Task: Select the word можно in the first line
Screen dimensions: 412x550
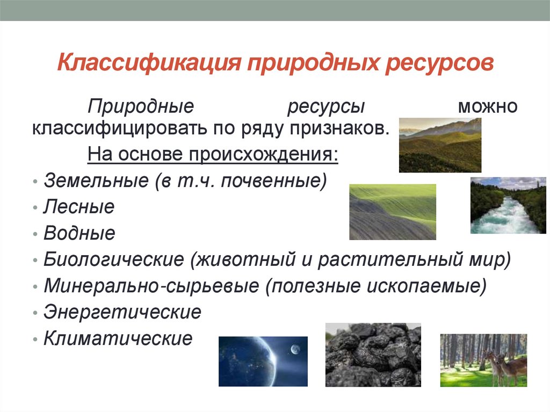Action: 487,106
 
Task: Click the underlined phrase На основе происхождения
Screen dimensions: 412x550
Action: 213,155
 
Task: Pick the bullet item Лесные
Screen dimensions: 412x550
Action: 79,207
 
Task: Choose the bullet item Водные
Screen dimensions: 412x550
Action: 79,233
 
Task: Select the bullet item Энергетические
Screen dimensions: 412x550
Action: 122,312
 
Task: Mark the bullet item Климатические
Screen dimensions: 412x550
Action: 118,338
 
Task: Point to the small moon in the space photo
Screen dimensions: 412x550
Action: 294,350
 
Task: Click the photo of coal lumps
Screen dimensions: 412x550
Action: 373,355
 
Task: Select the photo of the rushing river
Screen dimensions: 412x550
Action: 508,206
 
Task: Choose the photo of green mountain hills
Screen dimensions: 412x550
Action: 440,145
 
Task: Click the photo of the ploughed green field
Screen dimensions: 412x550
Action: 393,212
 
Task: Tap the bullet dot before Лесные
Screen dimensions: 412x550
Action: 35,208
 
